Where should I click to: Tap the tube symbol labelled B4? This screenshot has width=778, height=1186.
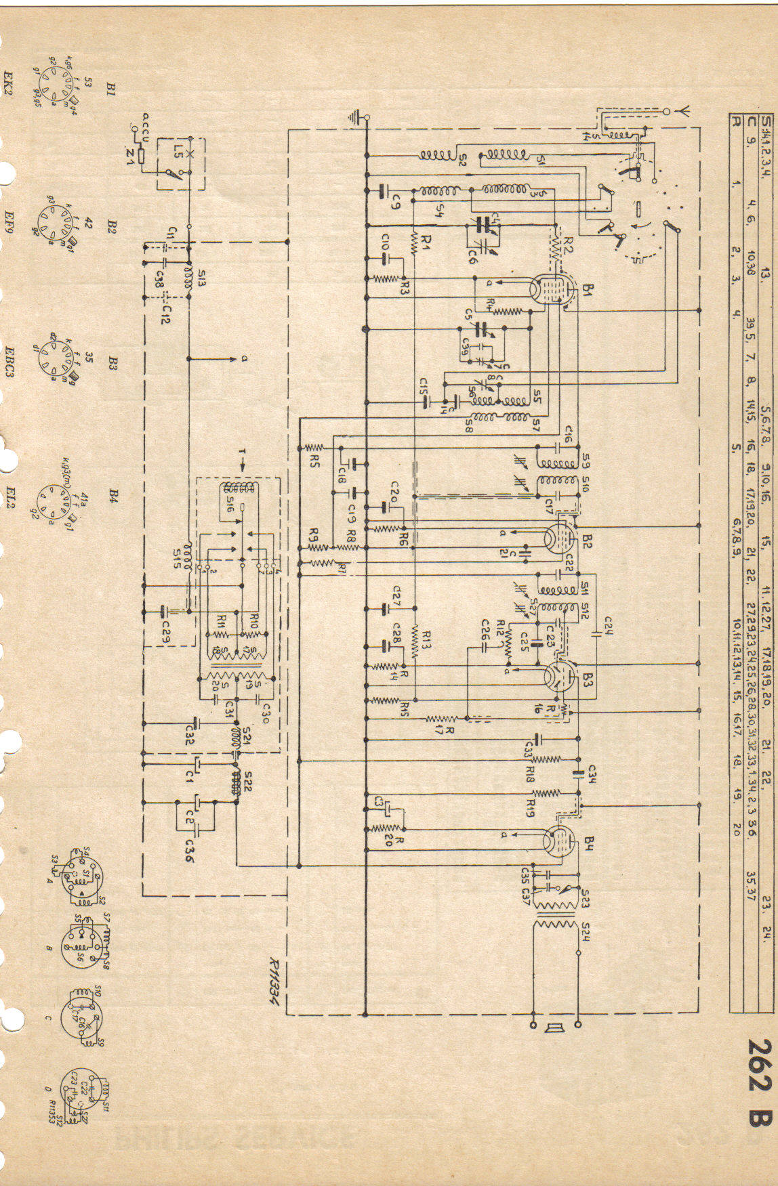pos(560,841)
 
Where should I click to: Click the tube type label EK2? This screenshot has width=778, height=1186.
pos(9,84)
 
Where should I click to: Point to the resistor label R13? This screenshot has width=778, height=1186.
pos(426,637)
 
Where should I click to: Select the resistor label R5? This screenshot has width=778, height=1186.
pos(314,460)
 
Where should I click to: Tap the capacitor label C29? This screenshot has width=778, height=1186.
pos(165,634)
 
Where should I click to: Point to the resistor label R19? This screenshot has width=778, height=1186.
pos(530,806)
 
